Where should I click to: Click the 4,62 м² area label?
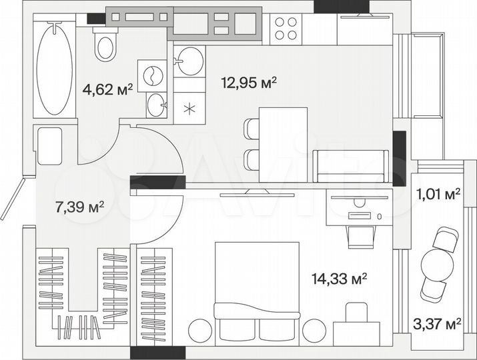(x=107, y=87)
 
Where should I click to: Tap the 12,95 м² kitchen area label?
(x=249, y=83)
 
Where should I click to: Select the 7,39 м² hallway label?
(x=79, y=207)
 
